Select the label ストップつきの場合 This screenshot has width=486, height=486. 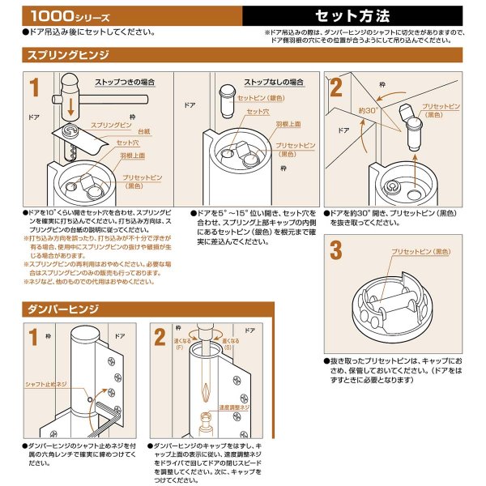[x=124, y=82]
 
